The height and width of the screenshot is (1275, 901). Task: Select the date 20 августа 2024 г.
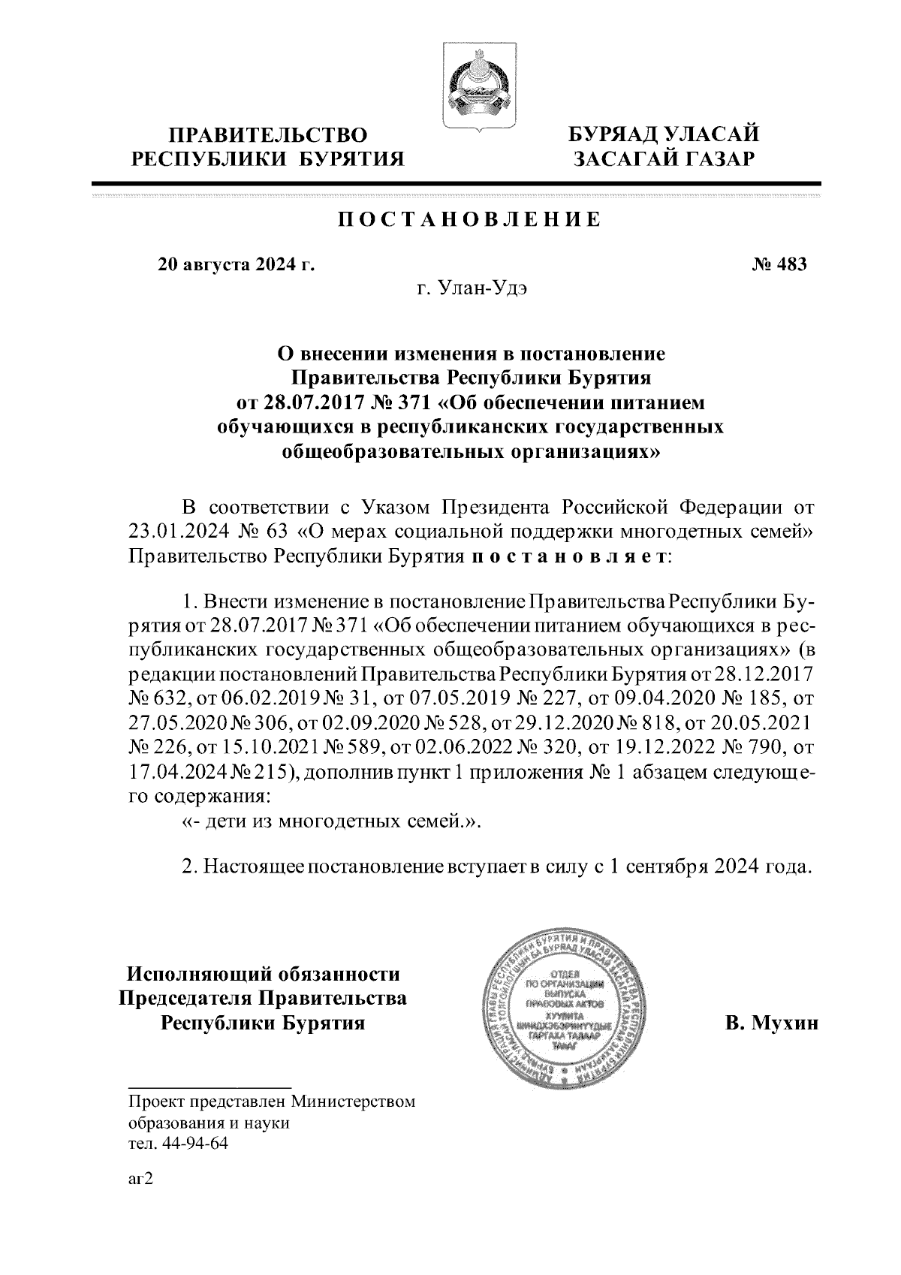click(236, 264)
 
